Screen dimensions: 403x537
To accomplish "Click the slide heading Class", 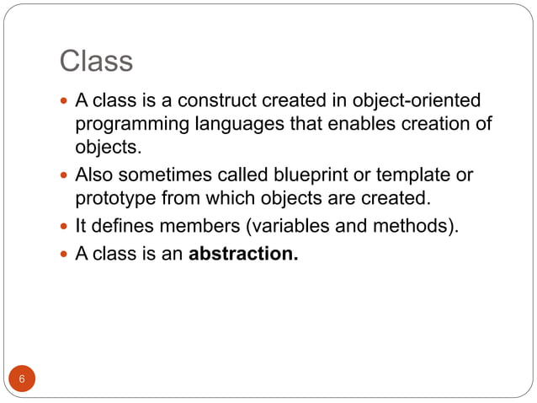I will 96,61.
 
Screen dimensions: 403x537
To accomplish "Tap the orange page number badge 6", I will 23,379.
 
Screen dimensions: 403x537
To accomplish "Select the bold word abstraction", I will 243,253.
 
